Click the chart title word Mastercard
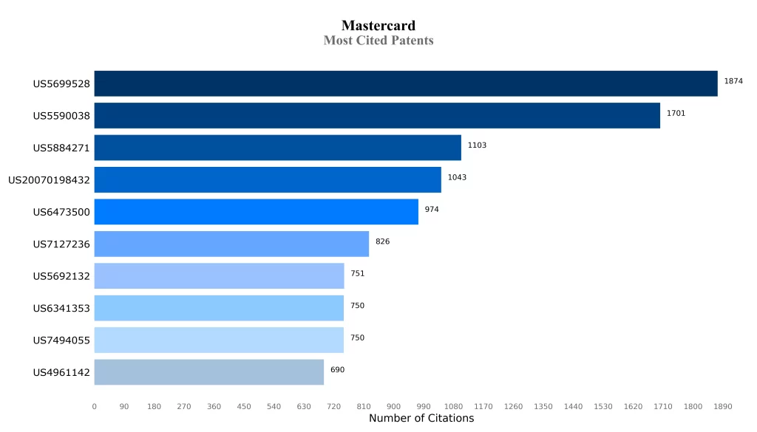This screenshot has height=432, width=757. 378,26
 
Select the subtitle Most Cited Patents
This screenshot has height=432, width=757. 378,41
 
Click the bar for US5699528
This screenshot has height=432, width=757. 405,83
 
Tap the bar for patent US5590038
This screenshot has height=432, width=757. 377,116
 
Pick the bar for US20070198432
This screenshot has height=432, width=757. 268,180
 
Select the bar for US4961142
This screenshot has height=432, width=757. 208,372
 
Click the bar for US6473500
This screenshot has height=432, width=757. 256,212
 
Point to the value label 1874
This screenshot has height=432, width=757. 733,81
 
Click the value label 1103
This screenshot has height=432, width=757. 477,145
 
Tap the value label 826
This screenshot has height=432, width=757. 382,241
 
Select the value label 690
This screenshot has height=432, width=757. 337,370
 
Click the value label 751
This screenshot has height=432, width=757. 357,274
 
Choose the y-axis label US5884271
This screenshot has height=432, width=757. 61,148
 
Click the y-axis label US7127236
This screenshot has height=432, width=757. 61,244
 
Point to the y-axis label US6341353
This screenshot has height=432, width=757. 61,309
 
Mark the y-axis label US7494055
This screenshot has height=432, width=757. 61,340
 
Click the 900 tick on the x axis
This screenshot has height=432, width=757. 393,407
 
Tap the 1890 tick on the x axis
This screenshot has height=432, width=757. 722,407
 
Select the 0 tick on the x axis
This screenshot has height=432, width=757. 95,407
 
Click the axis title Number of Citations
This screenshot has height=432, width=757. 421,419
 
